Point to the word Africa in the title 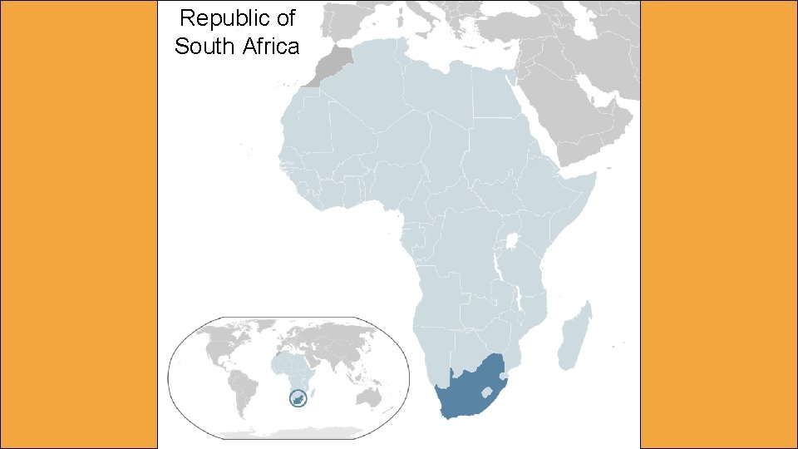click(271, 47)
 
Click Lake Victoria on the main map click(512, 244)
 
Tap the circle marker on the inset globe click(296, 399)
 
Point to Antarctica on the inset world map click(291, 432)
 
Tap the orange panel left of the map click(79, 224)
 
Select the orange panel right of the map click(719, 224)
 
